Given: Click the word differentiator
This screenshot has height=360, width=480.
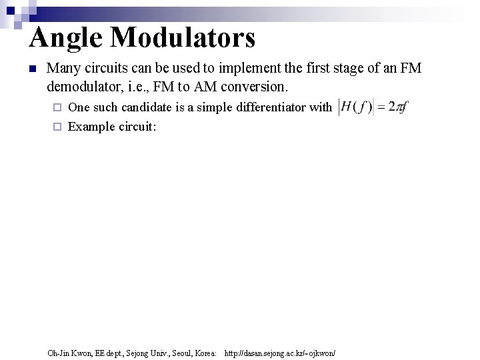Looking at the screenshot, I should click(266, 107).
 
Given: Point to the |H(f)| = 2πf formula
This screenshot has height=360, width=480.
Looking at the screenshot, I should click(373, 107).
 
